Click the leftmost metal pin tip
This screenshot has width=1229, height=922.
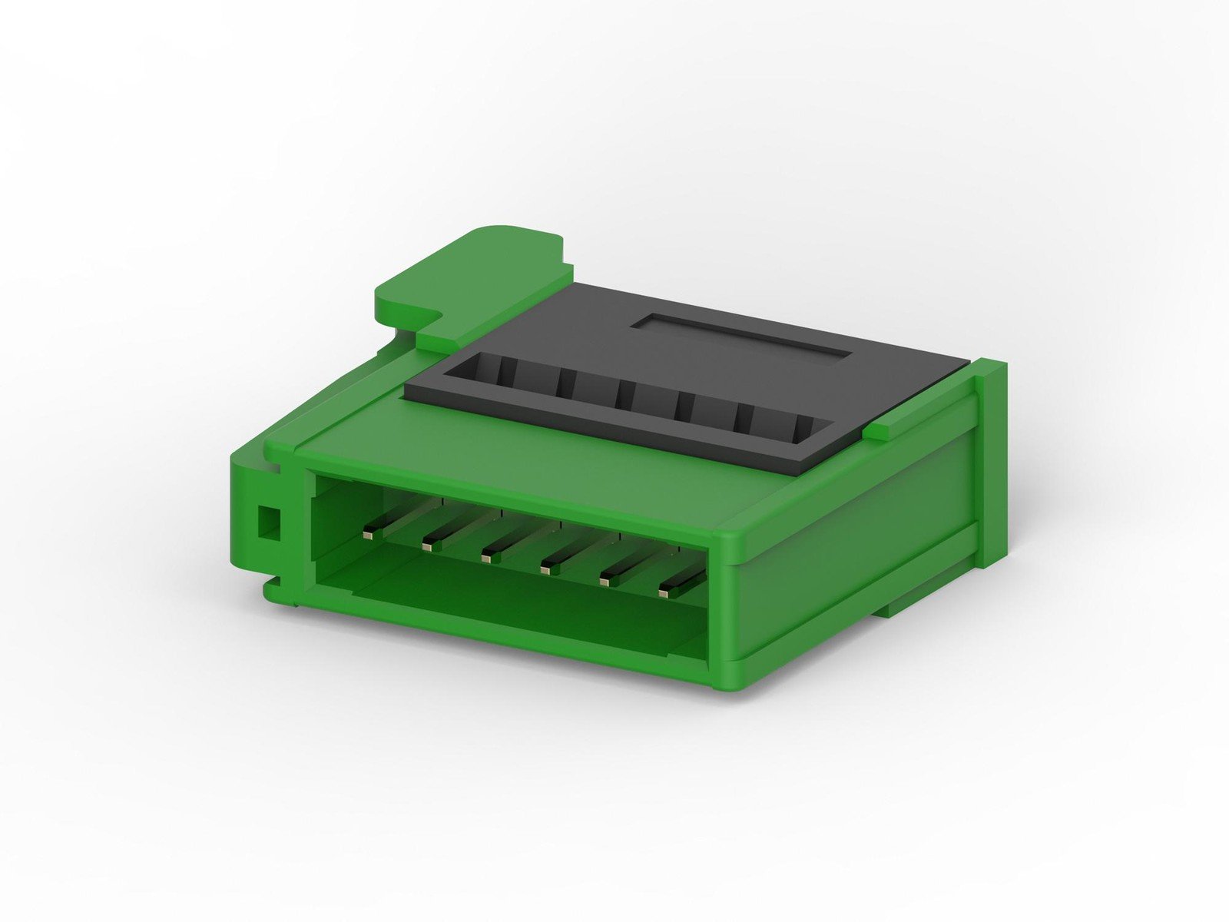(x=370, y=531)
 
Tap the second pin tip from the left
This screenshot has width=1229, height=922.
(x=428, y=546)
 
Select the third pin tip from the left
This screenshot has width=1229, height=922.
(x=487, y=557)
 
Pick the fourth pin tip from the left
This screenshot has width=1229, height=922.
(x=547, y=569)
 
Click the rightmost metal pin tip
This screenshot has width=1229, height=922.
(x=664, y=592)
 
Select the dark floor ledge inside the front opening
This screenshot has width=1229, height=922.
(x=522, y=607)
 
